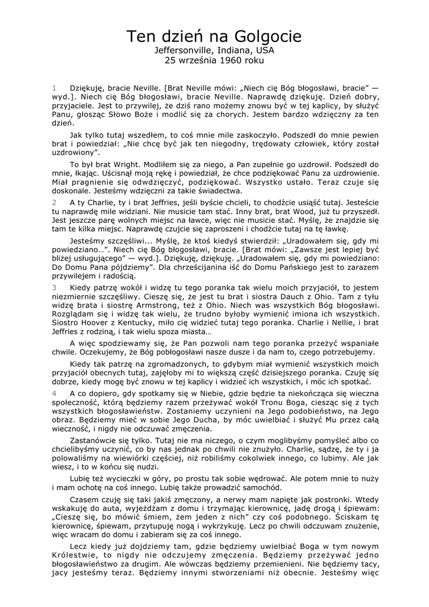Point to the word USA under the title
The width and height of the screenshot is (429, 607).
(x=265, y=51)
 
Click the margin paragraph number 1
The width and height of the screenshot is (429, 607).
(x=54, y=88)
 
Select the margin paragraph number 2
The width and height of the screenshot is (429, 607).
(x=54, y=202)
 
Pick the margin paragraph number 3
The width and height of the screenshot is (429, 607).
(x=54, y=287)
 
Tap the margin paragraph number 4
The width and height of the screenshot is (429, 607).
(x=54, y=393)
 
